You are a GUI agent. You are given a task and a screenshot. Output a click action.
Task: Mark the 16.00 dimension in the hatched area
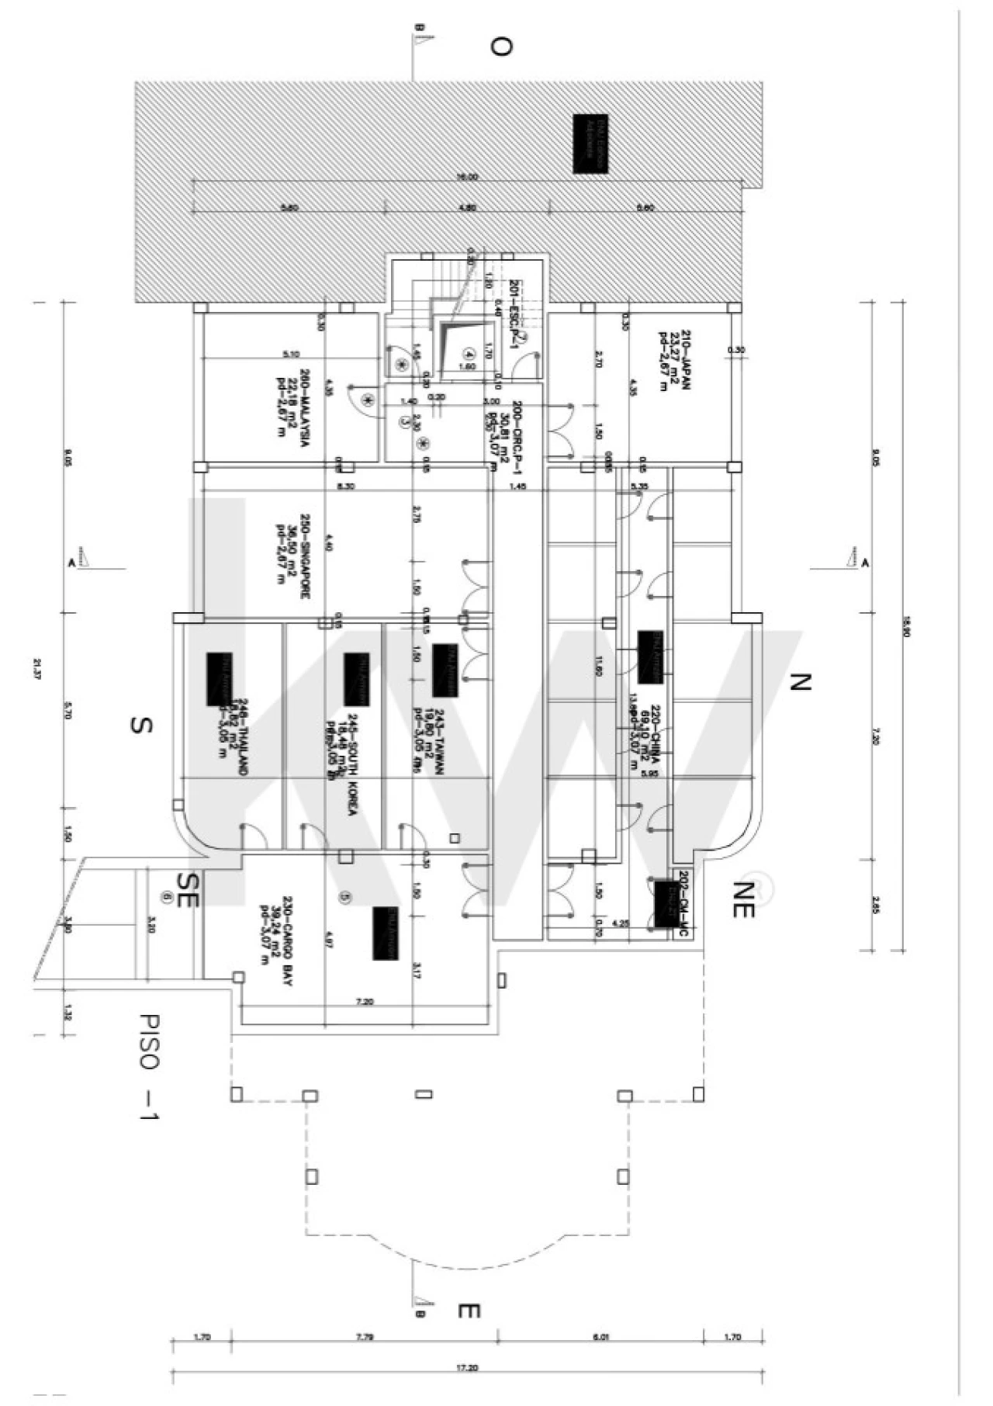(x=467, y=177)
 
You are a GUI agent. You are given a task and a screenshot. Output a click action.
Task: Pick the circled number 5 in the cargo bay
(x=347, y=896)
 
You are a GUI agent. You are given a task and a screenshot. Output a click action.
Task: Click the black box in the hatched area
(x=590, y=144)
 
